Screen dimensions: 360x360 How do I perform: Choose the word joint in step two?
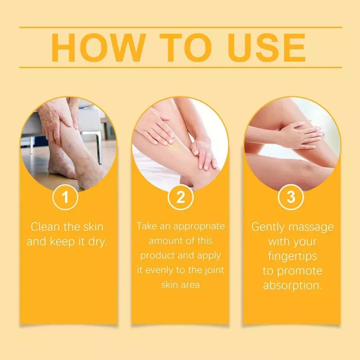[x=214, y=270]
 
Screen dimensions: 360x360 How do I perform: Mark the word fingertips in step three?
[x=292, y=256]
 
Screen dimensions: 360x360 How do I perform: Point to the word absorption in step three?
[x=292, y=286]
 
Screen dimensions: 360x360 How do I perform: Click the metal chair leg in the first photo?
[x=99, y=144]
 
